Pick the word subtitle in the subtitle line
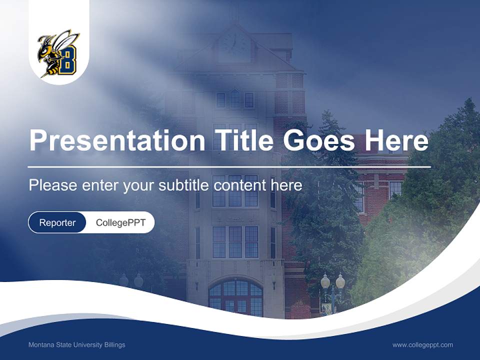[x=183, y=185]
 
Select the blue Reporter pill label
[x=57, y=222]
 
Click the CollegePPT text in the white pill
[x=120, y=222]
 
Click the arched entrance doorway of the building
[x=235, y=297]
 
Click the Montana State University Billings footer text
[x=77, y=345]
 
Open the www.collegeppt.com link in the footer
[x=422, y=345]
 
